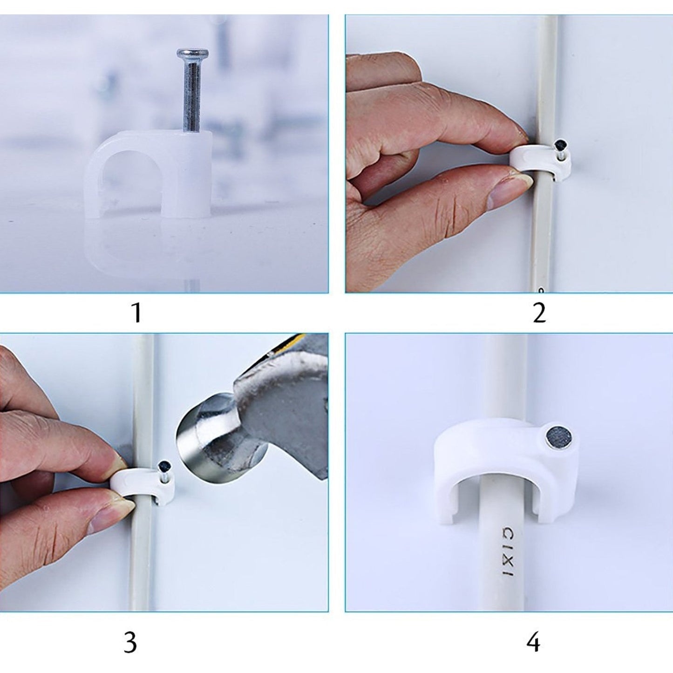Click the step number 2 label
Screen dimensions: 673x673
539,313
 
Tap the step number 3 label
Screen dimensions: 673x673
130,643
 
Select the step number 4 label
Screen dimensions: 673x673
534,643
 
